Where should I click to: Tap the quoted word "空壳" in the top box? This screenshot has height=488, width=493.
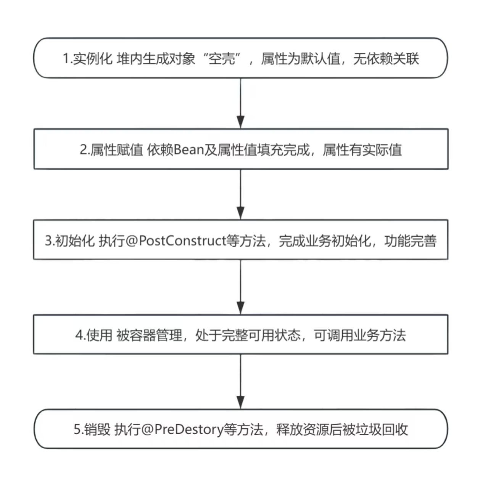point(222,59)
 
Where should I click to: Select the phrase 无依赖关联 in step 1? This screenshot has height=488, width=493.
point(386,59)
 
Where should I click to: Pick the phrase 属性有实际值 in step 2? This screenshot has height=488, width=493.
point(362,150)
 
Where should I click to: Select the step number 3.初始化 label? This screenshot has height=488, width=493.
point(69,241)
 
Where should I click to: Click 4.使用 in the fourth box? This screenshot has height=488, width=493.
point(93,335)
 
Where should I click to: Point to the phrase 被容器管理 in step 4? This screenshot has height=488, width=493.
point(149,335)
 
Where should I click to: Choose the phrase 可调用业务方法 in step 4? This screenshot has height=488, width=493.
point(359,335)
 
